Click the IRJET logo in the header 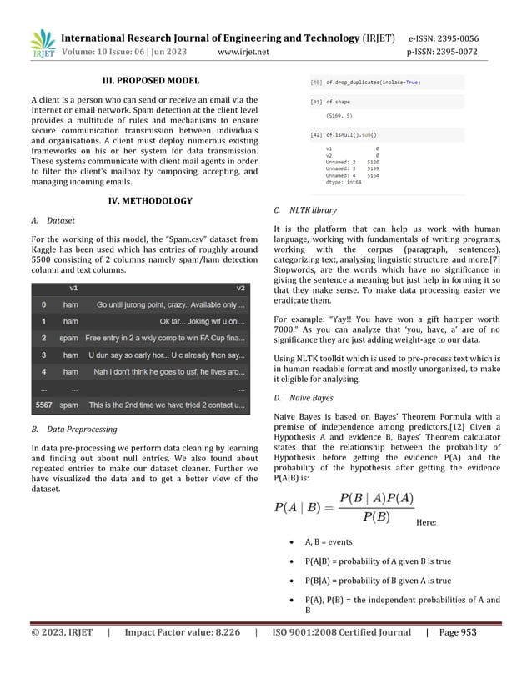(43, 43)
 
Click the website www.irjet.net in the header (243, 52)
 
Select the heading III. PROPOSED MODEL (150, 81)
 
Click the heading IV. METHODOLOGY (150, 201)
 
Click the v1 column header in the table (73, 288)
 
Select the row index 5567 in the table (44, 405)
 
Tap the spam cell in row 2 (70, 338)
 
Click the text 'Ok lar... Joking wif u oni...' (203, 321)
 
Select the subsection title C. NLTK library (313, 210)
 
